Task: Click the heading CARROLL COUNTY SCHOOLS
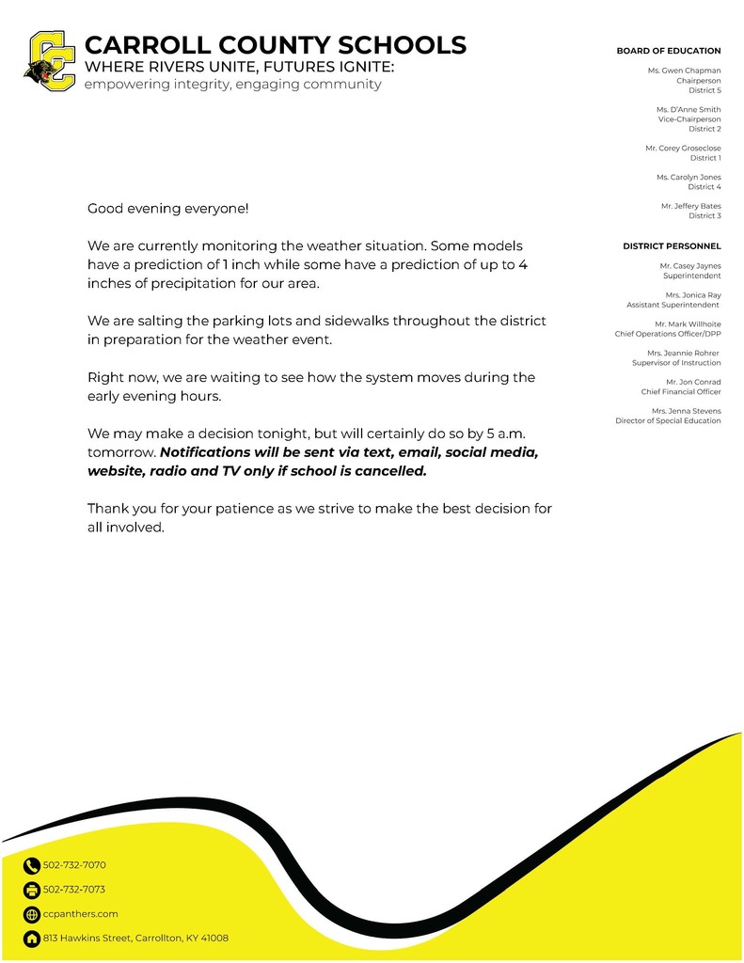[275, 44]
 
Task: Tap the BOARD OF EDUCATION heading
[668, 51]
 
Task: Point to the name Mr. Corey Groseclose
[683, 149]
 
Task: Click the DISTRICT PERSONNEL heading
[672, 246]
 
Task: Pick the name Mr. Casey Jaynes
[690, 266]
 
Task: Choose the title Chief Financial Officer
[681, 392]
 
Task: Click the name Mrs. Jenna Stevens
[686, 411]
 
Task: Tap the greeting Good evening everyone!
[168, 208]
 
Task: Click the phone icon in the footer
[32, 866]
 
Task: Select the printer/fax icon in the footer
[32, 890]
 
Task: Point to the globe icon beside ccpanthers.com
[32, 914]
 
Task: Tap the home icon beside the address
[32, 939]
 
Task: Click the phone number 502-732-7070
[74, 865]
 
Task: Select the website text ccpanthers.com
[80, 914]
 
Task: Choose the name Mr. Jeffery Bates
[690, 206]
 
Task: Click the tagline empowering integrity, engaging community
[232, 85]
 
